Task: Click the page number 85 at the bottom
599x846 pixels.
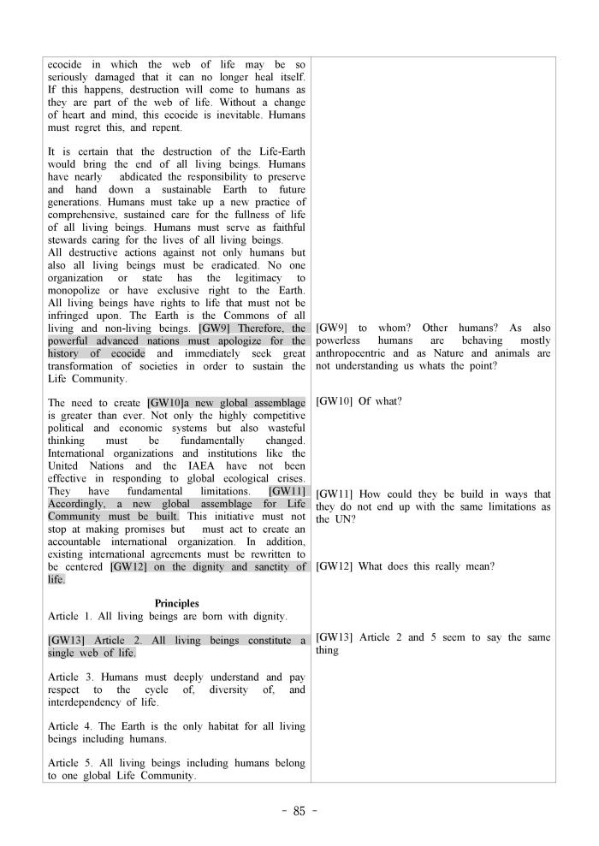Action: (x=299, y=812)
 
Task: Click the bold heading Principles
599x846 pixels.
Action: (x=176, y=603)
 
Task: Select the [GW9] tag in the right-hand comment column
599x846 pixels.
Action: (x=330, y=328)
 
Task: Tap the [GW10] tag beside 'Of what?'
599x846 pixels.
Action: (x=333, y=400)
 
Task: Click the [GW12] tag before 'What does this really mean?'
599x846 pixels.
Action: (x=333, y=566)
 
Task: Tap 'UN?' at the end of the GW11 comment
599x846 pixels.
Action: (x=330, y=518)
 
